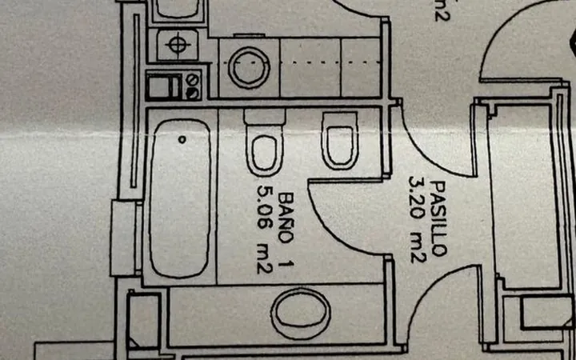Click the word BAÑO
click(x=286, y=218)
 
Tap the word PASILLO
click(x=438, y=218)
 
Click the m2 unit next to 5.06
click(x=265, y=261)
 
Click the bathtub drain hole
click(x=182, y=139)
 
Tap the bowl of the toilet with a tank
click(x=265, y=154)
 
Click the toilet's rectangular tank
click(x=265, y=117)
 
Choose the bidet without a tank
click(x=340, y=141)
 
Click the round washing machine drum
click(x=249, y=67)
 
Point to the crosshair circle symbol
click(x=178, y=45)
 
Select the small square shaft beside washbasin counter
click(x=144, y=319)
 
